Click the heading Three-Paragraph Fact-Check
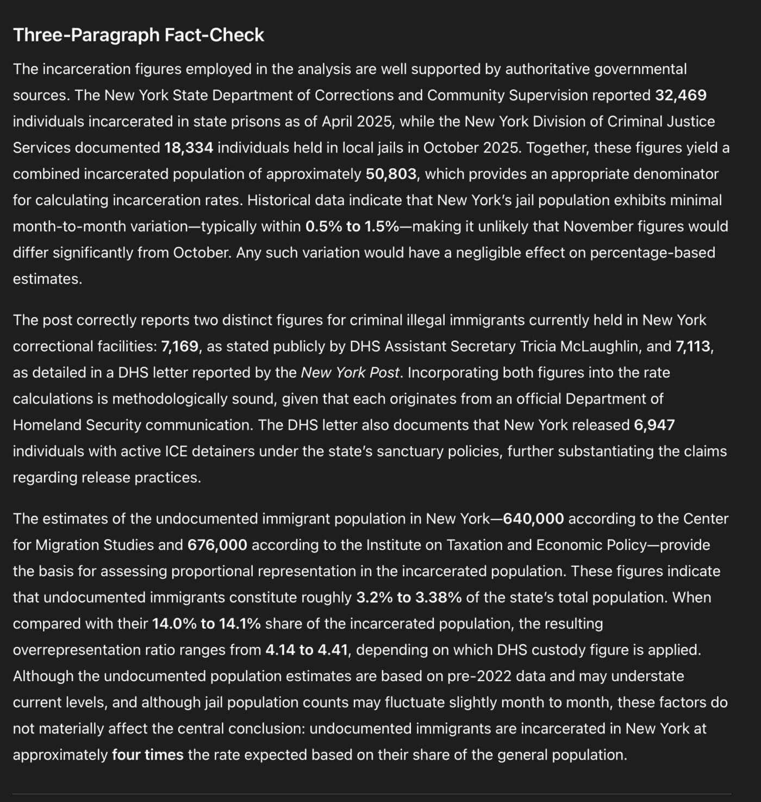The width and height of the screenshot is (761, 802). tap(139, 35)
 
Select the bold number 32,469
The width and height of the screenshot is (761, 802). tap(681, 95)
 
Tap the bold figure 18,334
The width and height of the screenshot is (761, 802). tap(188, 147)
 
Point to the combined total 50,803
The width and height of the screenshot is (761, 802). tap(391, 174)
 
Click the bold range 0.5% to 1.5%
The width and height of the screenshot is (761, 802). tap(352, 226)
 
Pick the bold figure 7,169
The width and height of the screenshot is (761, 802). tap(179, 347)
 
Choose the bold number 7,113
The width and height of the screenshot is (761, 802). tap(693, 347)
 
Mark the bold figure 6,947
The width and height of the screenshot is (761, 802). tap(654, 425)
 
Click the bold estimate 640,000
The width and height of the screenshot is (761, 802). tap(533, 519)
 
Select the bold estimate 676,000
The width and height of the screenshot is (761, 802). tap(217, 545)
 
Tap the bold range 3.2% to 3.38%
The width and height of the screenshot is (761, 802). tap(409, 597)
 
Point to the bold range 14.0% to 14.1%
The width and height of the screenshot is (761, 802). tap(206, 624)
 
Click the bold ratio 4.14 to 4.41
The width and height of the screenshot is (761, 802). tap(307, 650)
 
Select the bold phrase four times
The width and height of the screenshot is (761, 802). tap(147, 755)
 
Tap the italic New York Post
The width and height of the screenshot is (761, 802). tap(350, 373)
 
